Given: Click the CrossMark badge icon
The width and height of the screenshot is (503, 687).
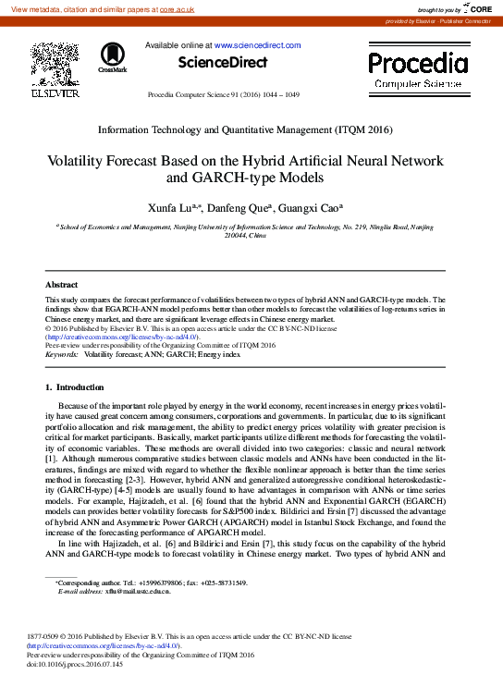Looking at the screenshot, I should (113, 57).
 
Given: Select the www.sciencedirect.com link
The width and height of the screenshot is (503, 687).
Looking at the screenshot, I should (258, 44).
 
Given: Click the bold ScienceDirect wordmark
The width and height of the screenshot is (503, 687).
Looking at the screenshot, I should (223, 63).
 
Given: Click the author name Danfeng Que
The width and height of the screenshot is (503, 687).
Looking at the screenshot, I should (241, 208).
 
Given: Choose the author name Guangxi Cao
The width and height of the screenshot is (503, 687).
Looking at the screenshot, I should (311, 208).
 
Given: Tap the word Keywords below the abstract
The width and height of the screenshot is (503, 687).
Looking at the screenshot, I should (62, 354).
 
